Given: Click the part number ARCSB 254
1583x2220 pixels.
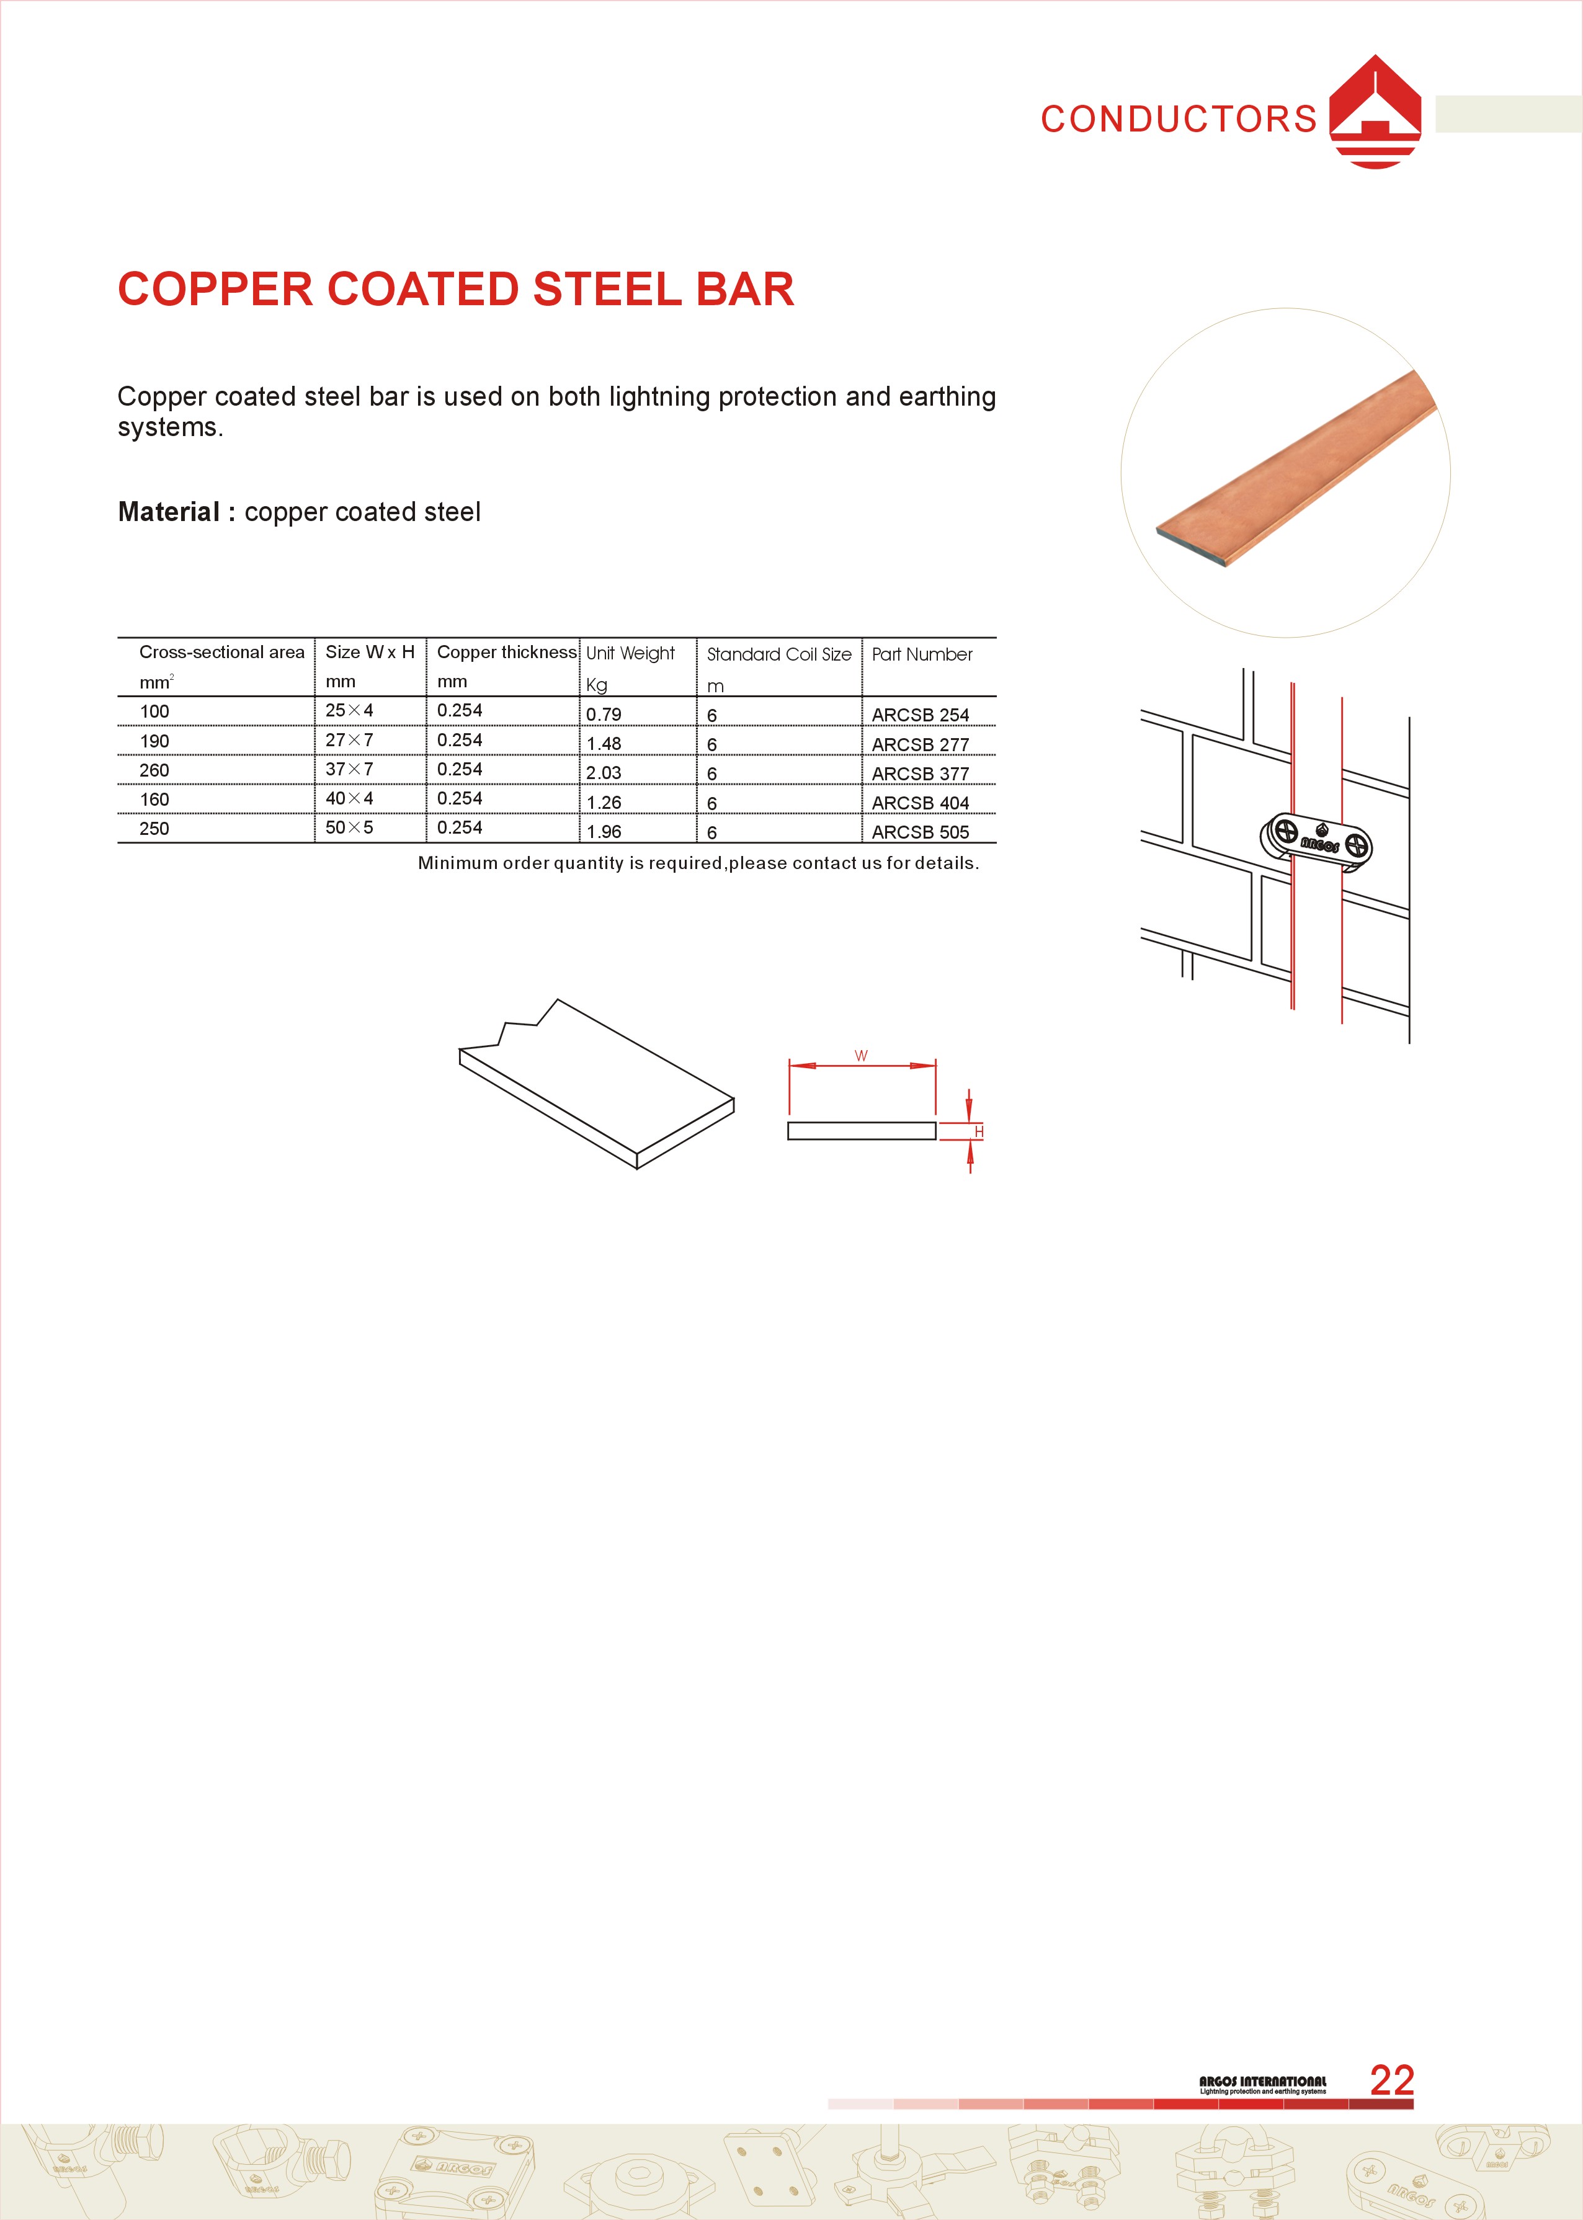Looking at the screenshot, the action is [x=920, y=715].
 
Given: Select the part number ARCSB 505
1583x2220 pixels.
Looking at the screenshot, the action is [x=920, y=831].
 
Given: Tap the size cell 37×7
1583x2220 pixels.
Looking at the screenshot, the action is [x=349, y=769].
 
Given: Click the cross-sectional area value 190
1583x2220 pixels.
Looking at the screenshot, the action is [x=154, y=741].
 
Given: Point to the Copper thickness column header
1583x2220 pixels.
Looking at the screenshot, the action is [x=507, y=652].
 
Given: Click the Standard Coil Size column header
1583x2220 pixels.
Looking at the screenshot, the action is [x=779, y=654].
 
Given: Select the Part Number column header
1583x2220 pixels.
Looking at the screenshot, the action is [x=922, y=654].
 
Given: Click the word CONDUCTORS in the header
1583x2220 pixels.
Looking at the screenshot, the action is [x=1179, y=119].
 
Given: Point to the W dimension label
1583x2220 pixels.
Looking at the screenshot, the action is [x=861, y=1056].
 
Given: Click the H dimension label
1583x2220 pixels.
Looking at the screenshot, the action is [x=979, y=1131].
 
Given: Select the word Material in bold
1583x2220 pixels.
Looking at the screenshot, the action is [x=169, y=512].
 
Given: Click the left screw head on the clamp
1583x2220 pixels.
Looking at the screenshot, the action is [x=1286, y=832].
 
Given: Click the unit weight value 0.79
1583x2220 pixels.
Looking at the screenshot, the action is [x=604, y=715].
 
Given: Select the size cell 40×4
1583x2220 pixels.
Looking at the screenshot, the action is [x=349, y=798].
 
